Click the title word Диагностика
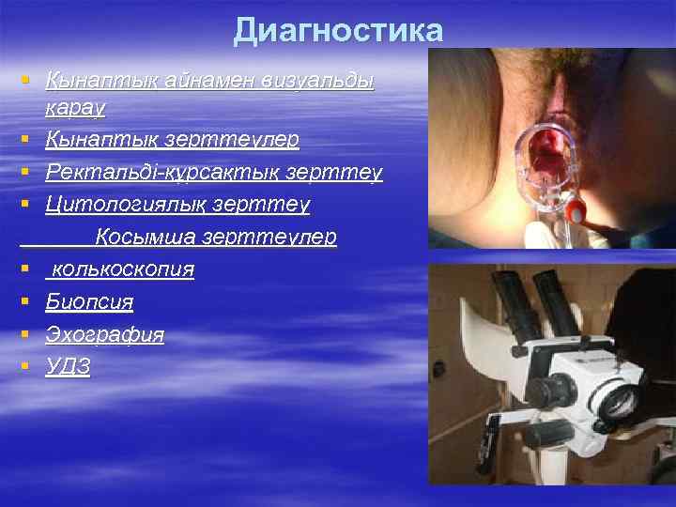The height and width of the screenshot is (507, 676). pyautogui.click(x=338, y=31)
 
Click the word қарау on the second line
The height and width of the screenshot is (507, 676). pyautogui.click(x=75, y=107)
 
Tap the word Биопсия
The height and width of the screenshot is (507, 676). pyautogui.click(x=89, y=302)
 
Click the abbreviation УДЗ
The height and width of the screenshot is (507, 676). pyautogui.click(x=69, y=367)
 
